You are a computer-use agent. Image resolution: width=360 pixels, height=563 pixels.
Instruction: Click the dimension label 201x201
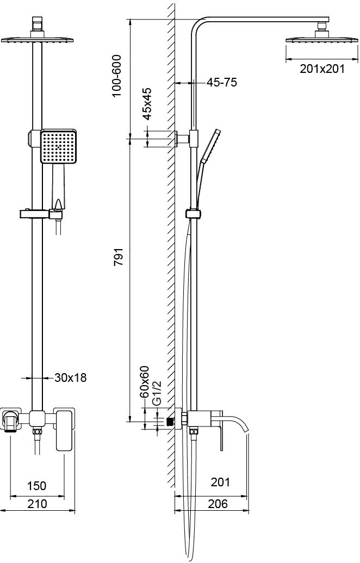pyautogui.click(x=322, y=69)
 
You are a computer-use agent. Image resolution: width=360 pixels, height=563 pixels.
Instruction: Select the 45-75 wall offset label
pyautogui.click(x=221, y=83)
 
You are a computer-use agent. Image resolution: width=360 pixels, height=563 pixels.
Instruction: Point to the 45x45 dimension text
pyautogui.click(x=147, y=103)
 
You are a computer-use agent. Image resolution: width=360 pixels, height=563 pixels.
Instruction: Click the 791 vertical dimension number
pyautogui.click(x=119, y=256)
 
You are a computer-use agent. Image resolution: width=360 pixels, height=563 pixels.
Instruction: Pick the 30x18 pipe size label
pyautogui.click(x=70, y=378)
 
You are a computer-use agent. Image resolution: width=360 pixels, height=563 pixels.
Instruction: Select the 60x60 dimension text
pyautogui.click(x=144, y=382)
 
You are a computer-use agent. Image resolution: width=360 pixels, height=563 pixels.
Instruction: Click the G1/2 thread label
pyautogui.click(x=157, y=393)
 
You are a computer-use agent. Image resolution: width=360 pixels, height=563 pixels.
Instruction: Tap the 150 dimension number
pyautogui.click(x=37, y=485)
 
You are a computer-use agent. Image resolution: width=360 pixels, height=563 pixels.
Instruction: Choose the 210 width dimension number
pyautogui.click(x=38, y=504)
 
